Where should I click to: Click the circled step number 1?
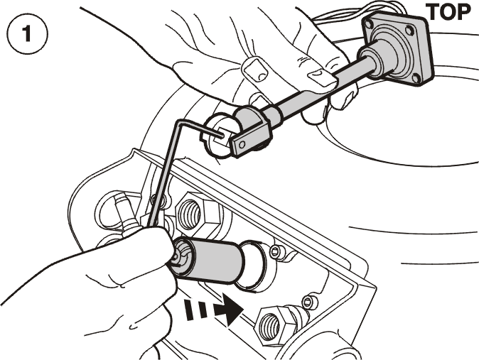(27, 34)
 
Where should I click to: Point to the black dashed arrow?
(213, 311)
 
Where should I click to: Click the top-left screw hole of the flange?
(370, 22)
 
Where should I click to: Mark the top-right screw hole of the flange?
(409, 30)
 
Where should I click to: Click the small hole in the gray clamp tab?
(242, 143)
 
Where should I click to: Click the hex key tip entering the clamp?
(219, 133)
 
